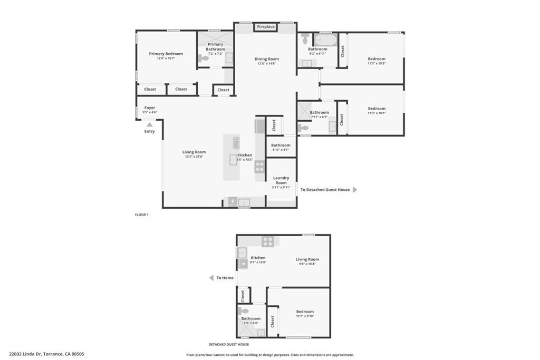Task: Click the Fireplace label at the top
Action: (x=266, y=26)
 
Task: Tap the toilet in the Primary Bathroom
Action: (x=203, y=59)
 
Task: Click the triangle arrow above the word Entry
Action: (x=150, y=124)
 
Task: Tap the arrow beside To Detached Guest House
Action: (x=355, y=190)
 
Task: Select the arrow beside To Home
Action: (x=211, y=278)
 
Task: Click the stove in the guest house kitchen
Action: (x=268, y=241)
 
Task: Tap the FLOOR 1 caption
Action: (x=142, y=215)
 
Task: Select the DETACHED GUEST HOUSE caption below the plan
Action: (x=228, y=344)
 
